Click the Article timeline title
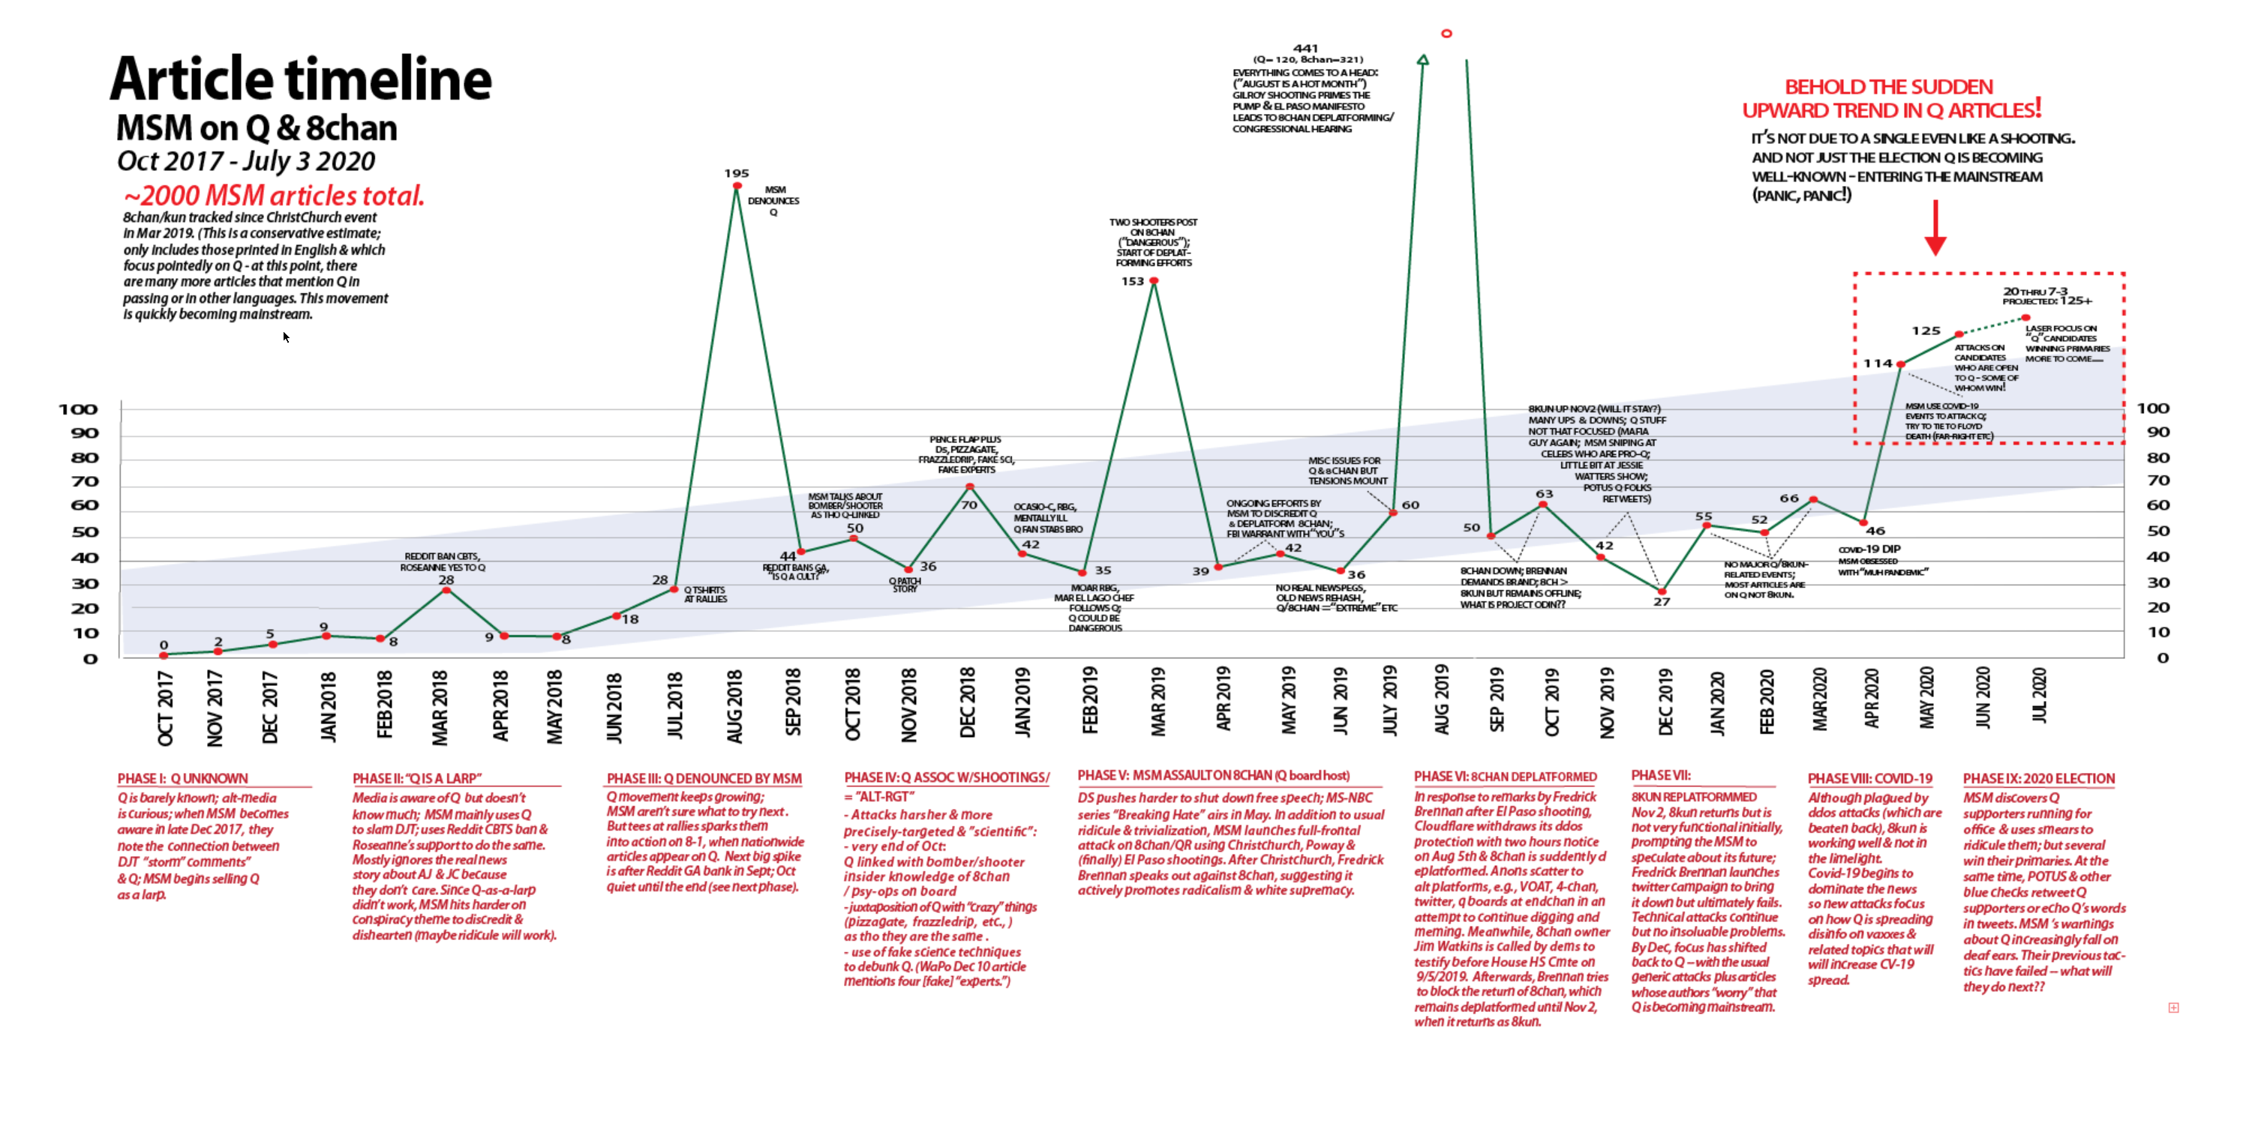coord(300,79)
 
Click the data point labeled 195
coord(737,185)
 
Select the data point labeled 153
coord(1154,280)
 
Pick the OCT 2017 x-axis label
coord(164,708)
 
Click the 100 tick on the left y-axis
coord(77,409)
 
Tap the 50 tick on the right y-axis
coord(2157,530)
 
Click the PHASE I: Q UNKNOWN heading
coord(183,778)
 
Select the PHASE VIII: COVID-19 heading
coord(1869,778)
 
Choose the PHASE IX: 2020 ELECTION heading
coord(2038,778)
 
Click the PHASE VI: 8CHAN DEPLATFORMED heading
coord(1505,777)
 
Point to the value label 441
coord(1305,49)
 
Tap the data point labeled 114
coord(1901,364)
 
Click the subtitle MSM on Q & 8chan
coord(257,128)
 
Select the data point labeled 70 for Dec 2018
coord(969,487)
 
